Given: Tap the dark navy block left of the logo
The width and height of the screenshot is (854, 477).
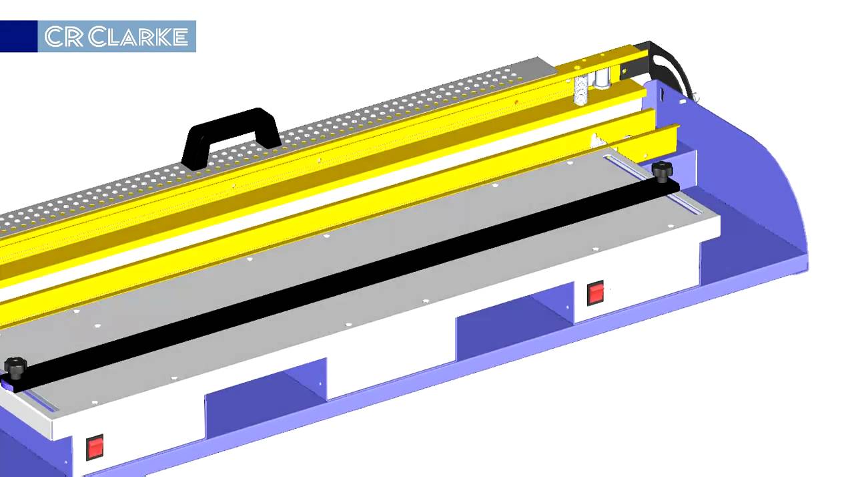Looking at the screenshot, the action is tap(19, 36).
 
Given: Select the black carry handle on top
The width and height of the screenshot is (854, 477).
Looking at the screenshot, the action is tap(231, 138).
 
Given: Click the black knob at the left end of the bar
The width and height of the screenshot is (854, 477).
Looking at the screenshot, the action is tap(15, 367).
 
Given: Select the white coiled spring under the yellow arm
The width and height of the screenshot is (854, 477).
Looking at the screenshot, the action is tap(581, 90).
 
